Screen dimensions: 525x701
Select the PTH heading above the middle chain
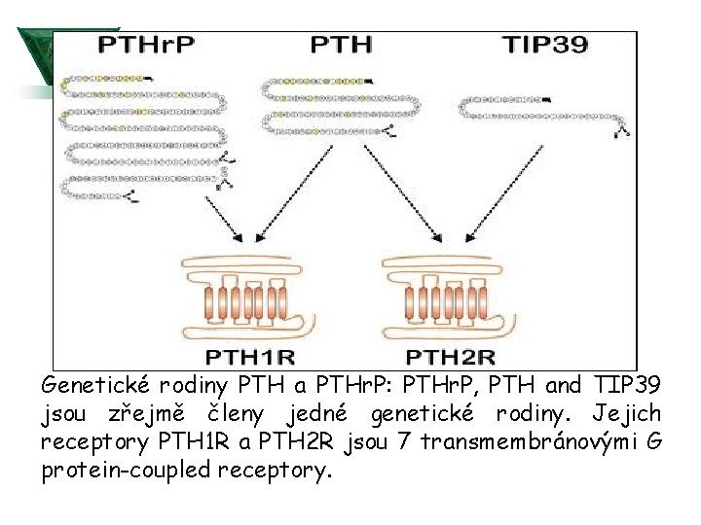[x=341, y=45]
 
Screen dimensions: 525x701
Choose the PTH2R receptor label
[x=450, y=356]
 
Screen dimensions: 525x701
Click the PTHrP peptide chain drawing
[x=146, y=136]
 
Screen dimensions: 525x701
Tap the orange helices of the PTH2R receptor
[x=451, y=303]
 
